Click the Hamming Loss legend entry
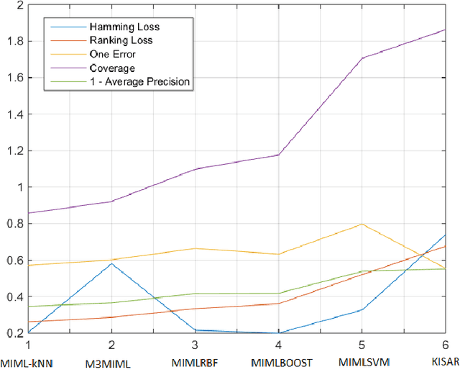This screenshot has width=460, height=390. pyautogui.click(x=129, y=27)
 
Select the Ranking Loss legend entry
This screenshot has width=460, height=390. pyautogui.click(x=121, y=40)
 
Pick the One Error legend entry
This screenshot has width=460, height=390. pyautogui.click(x=112, y=54)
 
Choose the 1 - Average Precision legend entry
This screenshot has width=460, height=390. pyautogui.click(x=139, y=81)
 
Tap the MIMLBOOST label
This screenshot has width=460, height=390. pyautogui.click(x=282, y=362)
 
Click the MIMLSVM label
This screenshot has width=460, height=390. pyautogui.click(x=363, y=362)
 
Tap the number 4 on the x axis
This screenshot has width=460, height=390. pyautogui.click(x=278, y=345)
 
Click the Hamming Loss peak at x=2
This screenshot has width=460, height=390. pyautogui.click(x=111, y=263)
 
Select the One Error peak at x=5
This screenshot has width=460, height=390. pyautogui.click(x=362, y=224)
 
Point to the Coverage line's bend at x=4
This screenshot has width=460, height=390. pyautogui.click(x=278, y=155)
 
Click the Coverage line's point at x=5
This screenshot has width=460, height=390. pyautogui.click(x=362, y=58)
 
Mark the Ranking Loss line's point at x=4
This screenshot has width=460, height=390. pyautogui.click(x=278, y=303)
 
